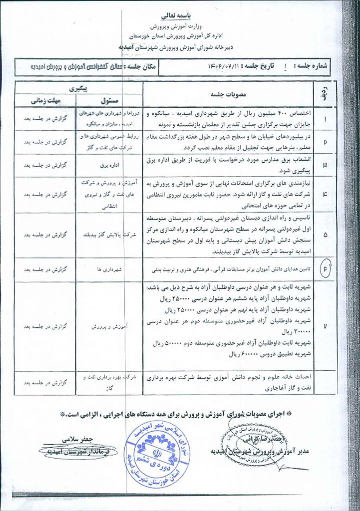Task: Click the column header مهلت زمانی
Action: (x=45, y=100)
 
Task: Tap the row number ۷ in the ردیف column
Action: (x=326, y=326)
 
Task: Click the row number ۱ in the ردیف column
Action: (x=326, y=120)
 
